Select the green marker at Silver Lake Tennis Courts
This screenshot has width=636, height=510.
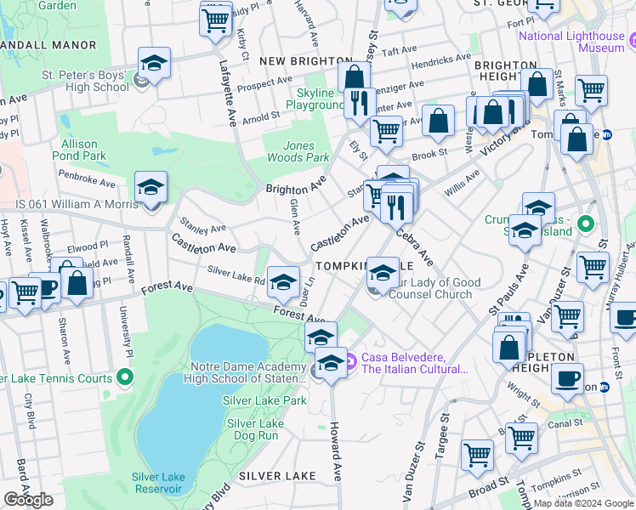tap(125, 376)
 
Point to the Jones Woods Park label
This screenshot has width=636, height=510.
tap(294, 151)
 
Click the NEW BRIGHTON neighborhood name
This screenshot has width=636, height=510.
tap(305, 61)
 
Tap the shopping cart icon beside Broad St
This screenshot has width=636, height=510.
tap(477, 454)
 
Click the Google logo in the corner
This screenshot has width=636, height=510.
tap(28, 500)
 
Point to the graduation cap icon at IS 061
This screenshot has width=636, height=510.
tap(150, 187)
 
